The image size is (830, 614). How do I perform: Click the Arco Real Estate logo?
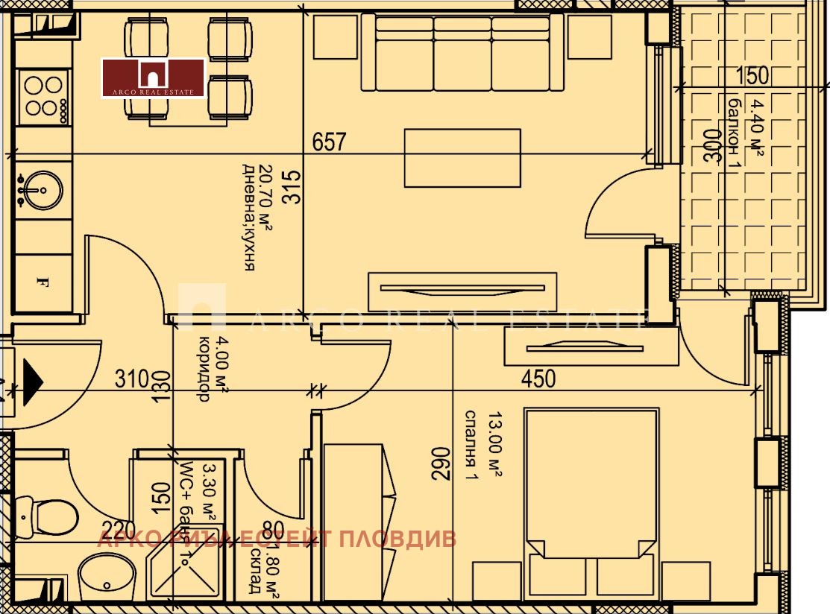(x=153, y=77)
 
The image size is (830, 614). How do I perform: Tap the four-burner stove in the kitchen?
(x=43, y=97)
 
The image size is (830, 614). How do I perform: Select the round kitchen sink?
(x=42, y=190)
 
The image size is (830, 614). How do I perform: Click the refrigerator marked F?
(x=43, y=282)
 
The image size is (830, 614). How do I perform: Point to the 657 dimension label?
(x=329, y=142)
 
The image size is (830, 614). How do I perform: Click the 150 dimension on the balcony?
(x=752, y=76)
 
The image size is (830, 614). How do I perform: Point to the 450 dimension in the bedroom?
(x=538, y=379)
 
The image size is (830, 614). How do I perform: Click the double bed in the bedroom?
(x=592, y=499)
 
